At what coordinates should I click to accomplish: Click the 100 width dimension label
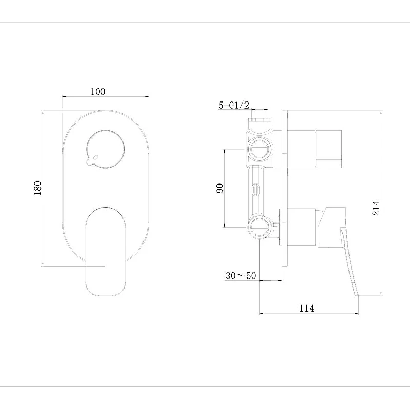pyautogui.click(x=98, y=92)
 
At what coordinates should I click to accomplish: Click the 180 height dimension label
pyautogui.click(x=37, y=188)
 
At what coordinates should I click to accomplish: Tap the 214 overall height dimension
pyautogui.click(x=376, y=208)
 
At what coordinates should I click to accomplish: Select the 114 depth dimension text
pyautogui.click(x=306, y=309)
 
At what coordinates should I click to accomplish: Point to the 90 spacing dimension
pyautogui.click(x=220, y=188)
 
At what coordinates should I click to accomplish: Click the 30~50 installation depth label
pyautogui.click(x=240, y=275)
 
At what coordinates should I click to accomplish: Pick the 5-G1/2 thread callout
pyautogui.click(x=234, y=105)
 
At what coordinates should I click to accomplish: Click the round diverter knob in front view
pyautogui.click(x=105, y=149)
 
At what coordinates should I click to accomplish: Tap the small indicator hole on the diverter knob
pyautogui.click(x=95, y=157)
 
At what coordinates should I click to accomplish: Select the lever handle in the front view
pyautogui.click(x=106, y=252)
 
